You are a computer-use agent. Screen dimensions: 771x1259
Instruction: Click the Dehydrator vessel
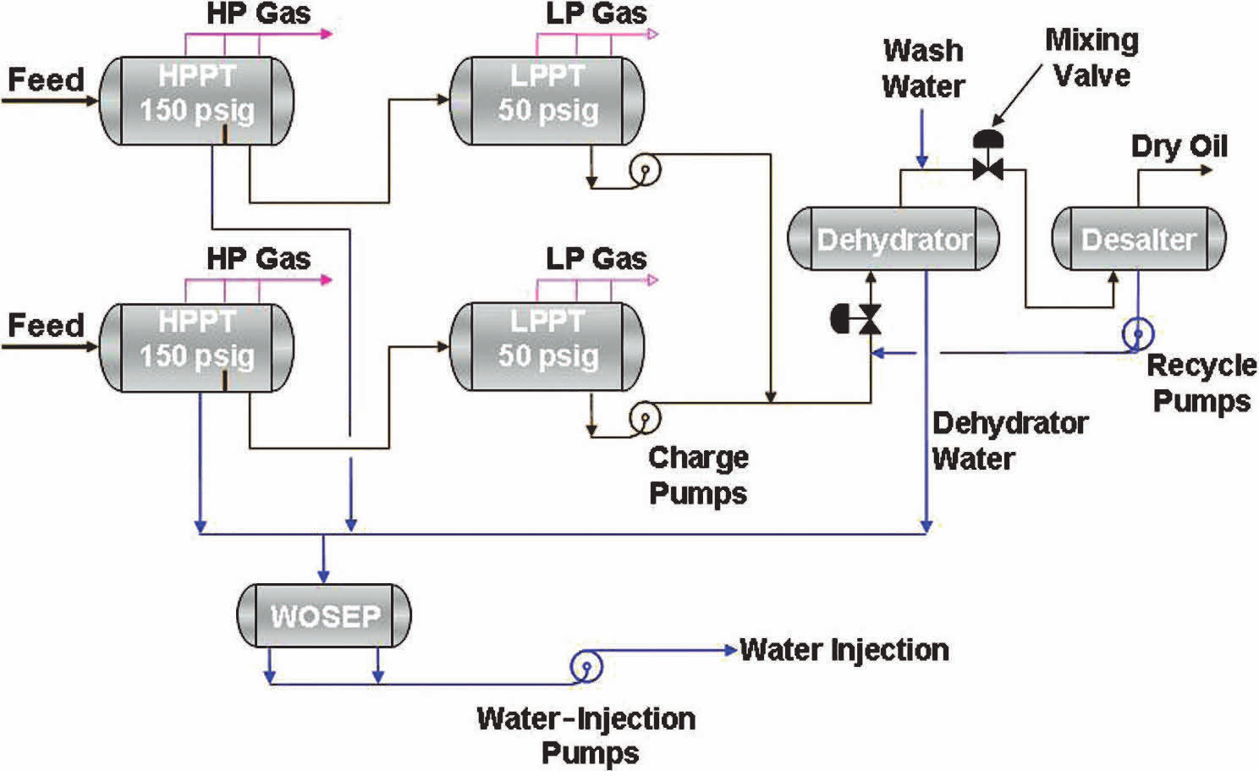(x=893, y=240)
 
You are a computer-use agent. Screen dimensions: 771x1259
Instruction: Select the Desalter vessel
(x=1138, y=240)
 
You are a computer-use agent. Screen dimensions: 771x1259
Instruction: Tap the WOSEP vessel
(x=324, y=615)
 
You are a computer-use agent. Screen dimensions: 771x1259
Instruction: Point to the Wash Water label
(x=923, y=69)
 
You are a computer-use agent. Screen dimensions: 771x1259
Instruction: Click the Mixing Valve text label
(x=1091, y=58)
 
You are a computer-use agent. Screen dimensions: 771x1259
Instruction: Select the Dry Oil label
(x=1179, y=146)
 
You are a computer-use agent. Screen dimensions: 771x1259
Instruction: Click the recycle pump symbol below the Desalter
(x=1136, y=333)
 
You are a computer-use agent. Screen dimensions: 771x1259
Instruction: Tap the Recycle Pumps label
(x=1201, y=383)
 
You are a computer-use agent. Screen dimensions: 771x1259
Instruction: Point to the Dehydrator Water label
(x=1009, y=440)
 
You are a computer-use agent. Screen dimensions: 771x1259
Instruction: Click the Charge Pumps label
(x=698, y=475)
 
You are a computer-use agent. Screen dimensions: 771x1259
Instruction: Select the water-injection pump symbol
(x=586, y=666)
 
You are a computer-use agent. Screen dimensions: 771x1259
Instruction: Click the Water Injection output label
(x=844, y=650)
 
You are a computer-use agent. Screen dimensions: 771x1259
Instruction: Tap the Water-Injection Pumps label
(x=586, y=735)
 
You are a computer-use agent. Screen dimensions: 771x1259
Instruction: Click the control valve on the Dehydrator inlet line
(x=860, y=320)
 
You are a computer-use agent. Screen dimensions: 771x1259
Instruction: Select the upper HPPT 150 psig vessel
(x=197, y=101)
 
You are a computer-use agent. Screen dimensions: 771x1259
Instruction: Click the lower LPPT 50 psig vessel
(x=547, y=346)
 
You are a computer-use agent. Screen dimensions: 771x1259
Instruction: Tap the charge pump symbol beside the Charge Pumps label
(x=644, y=417)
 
